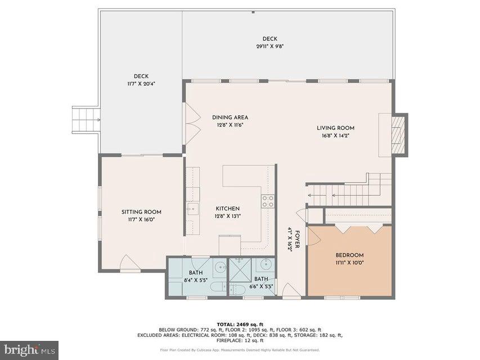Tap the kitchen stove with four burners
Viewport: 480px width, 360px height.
coord(268,201)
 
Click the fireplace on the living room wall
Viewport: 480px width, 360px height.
coord(398,134)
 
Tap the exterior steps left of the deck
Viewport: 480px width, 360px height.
coord(86,119)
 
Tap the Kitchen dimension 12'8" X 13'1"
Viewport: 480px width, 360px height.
coord(227,216)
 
